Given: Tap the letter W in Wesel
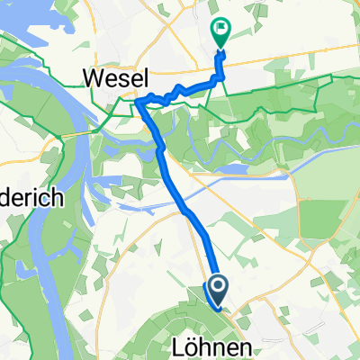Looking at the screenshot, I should [x=91, y=79].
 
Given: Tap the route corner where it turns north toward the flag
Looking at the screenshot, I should [x=217, y=81].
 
